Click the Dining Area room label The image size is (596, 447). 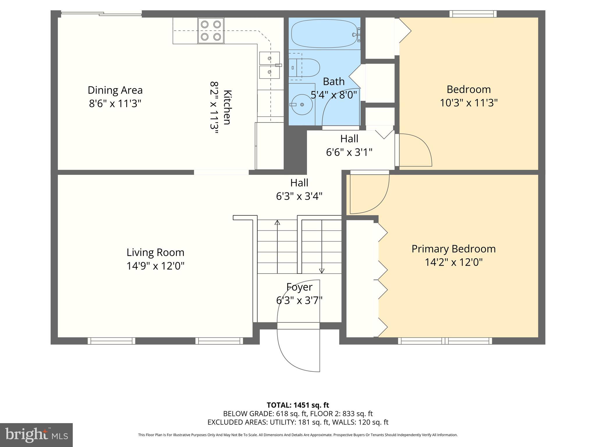click(x=115, y=90)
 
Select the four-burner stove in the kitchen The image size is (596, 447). click(x=211, y=31)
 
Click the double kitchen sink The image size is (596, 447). click(x=270, y=65)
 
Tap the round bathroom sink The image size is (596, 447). click(x=302, y=104)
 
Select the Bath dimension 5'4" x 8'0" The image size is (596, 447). click(x=334, y=95)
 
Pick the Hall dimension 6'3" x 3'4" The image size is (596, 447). click(x=299, y=196)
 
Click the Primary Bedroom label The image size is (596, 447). click(x=453, y=249)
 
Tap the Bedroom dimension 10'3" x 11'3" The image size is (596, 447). click(x=469, y=103)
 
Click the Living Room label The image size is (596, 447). click(x=155, y=252)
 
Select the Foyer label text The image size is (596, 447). click(x=299, y=287)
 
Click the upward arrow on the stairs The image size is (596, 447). click(x=277, y=223)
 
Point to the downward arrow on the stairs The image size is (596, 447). click(x=322, y=271)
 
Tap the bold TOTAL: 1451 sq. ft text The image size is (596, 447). click(x=298, y=405)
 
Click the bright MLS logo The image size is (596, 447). click(x=36, y=435)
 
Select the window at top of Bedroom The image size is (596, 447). click(x=473, y=14)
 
